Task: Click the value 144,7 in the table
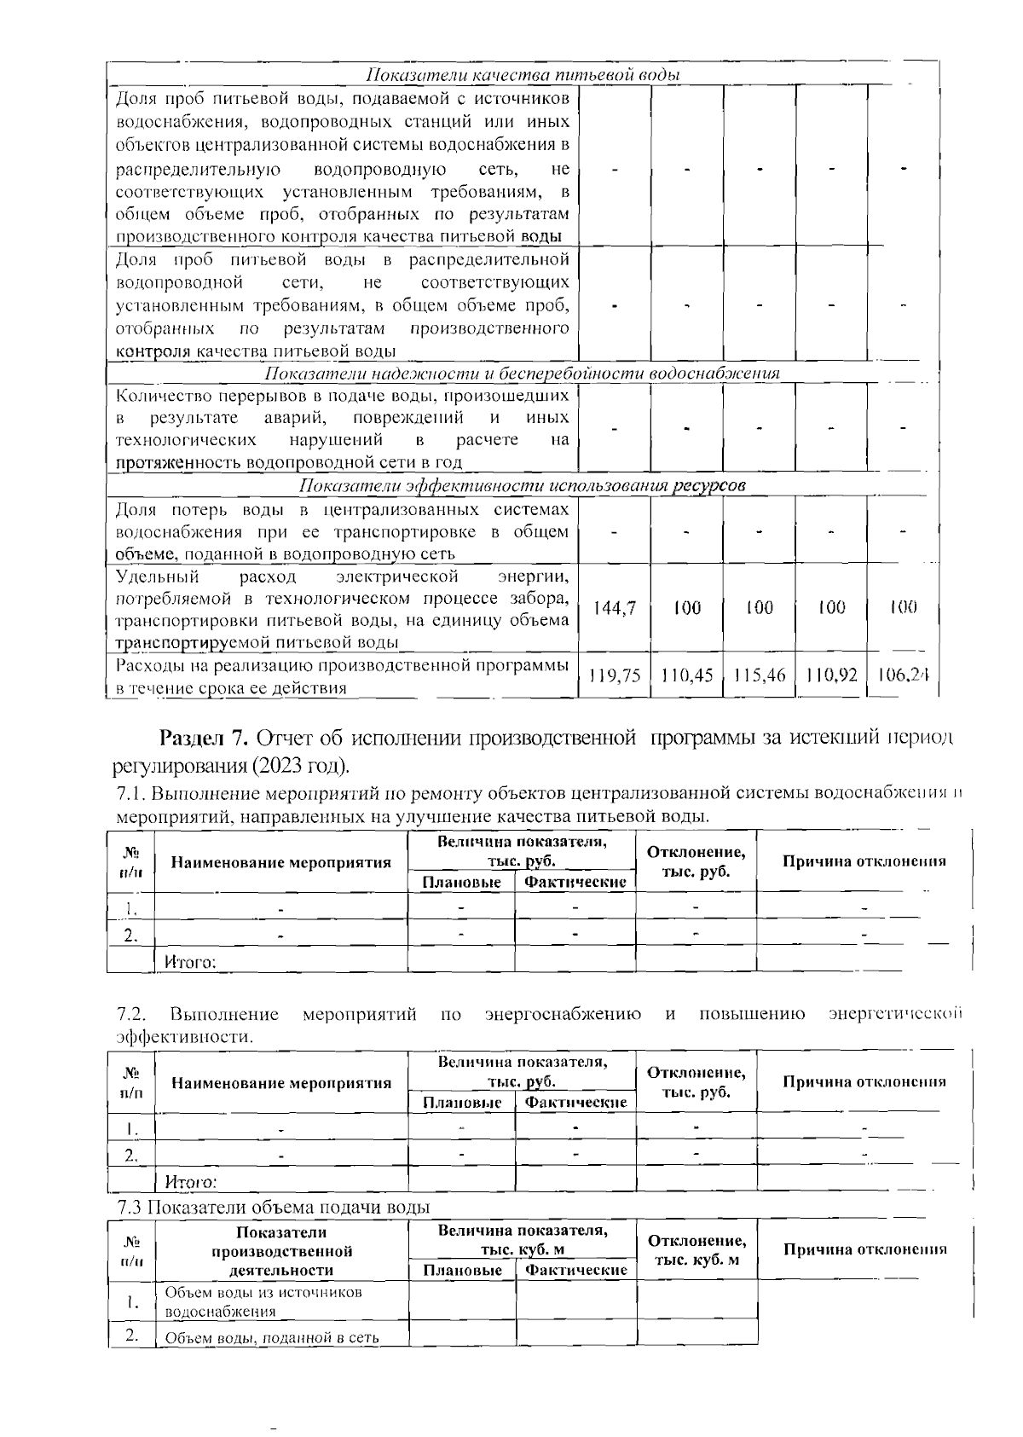(x=614, y=608)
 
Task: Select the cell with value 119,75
(x=614, y=675)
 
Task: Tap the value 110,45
(x=686, y=675)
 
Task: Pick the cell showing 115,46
(x=759, y=675)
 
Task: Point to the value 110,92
(x=831, y=675)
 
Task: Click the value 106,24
(x=902, y=675)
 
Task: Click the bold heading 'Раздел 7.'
(x=204, y=737)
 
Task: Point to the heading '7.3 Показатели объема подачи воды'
(x=273, y=1207)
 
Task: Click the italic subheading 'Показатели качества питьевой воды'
(x=522, y=75)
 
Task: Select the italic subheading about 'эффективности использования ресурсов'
(x=522, y=485)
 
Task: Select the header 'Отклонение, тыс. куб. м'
(x=696, y=1250)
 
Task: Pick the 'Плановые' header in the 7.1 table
(x=461, y=882)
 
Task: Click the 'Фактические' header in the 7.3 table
(x=576, y=1270)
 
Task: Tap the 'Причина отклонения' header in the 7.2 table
(x=864, y=1081)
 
